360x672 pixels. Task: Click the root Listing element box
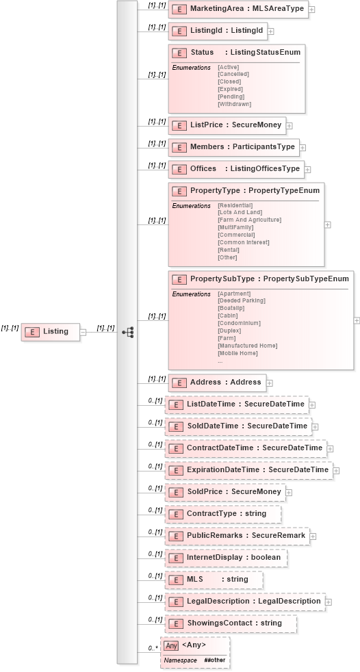51,332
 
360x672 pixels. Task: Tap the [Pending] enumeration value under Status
231,96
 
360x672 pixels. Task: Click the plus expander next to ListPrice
290,126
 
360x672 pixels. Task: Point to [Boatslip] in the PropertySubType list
231,308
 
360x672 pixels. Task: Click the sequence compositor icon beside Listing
127,332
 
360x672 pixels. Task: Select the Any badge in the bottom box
171,645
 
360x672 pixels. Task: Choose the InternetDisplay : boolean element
233,558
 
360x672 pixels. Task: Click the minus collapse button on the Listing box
83,332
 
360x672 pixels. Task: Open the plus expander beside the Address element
270,383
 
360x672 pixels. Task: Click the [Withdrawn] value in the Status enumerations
234,104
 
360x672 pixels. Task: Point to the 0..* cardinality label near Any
153,647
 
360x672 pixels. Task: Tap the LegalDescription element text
253,602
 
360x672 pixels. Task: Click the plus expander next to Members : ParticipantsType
303,148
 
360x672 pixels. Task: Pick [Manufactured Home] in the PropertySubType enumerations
247,346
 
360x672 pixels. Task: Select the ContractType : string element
226,514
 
